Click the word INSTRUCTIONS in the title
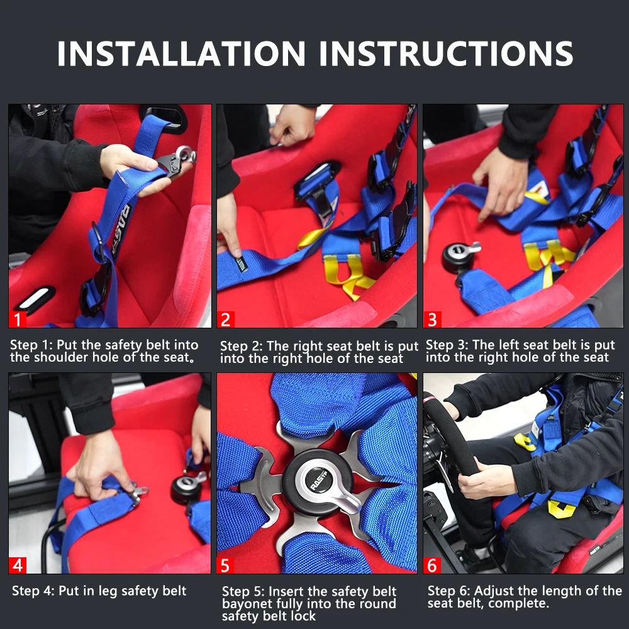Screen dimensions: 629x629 coord(447,53)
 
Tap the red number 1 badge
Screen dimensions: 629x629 coord(18,320)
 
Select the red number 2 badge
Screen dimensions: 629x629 coord(225,320)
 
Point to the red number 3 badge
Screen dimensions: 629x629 coord(433,320)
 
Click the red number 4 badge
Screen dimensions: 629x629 coord(18,565)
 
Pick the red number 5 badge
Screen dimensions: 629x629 coord(225,565)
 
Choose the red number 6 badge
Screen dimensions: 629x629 coord(432,565)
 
